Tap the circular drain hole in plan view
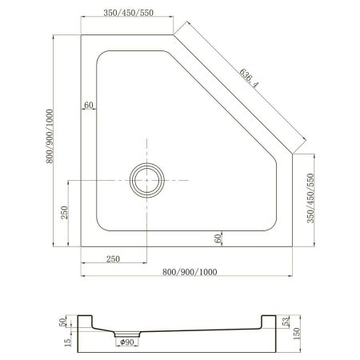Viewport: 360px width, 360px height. click(146, 180)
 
